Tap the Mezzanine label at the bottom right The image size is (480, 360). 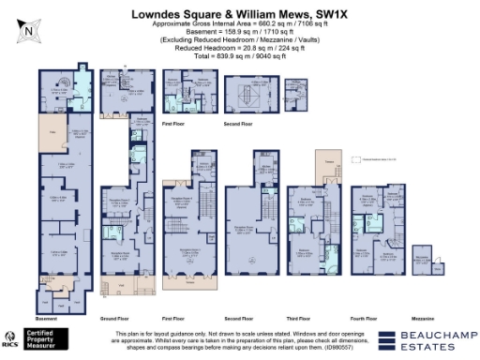click(427, 318)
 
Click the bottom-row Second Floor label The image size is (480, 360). click(247, 318)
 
